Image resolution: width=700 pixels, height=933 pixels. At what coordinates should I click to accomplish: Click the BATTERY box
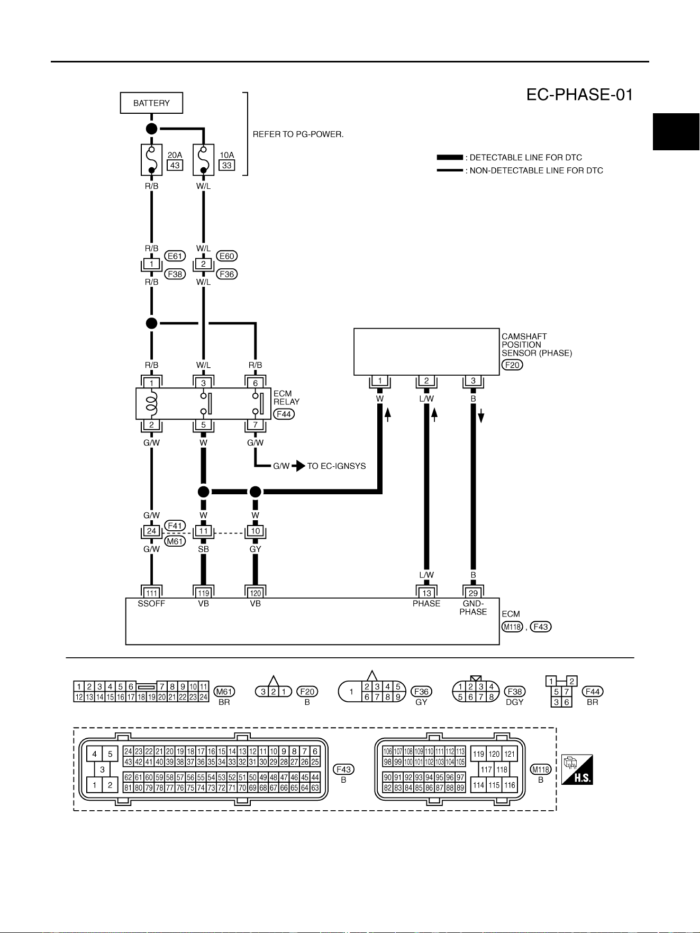pyautogui.click(x=151, y=103)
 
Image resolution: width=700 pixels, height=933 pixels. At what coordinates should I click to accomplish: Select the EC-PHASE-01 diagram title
pyautogui.click(x=579, y=95)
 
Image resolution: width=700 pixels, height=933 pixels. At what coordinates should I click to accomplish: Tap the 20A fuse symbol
pyautogui.click(x=151, y=159)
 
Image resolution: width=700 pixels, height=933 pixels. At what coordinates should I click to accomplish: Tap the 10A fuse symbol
pyautogui.click(x=203, y=159)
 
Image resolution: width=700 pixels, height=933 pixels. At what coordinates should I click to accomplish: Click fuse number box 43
pyautogui.click(x=175, y=165)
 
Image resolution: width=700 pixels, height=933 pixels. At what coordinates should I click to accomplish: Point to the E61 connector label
pyautogui.click(x=175, y=256)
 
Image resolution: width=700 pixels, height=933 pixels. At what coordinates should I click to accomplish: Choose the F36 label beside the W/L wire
pyautogui.click(x=227, y=274)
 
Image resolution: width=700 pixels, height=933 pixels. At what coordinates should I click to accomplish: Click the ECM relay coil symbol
pyautogui.click(x=151, y=404)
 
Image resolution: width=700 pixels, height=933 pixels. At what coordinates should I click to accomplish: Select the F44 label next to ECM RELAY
pyautogui.click(x=284, y=414)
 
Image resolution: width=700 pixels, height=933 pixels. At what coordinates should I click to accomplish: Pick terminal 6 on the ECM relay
pyautogui.click(x=255, y=383)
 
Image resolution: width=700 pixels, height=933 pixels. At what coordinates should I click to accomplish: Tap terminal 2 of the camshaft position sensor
pyautogui.click(x=426, y=381)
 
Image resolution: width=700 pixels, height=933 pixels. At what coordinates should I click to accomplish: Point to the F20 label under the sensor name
pyautogui.click(x=512, y=365)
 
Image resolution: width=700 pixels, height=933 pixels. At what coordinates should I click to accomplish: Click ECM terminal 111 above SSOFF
pyautogui.click(x=151, y=593)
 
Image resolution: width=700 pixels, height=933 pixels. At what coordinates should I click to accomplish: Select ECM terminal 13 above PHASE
pyautogui.click(x=426, y=593)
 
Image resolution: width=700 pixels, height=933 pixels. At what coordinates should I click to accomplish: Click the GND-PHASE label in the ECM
pyautogui.click(x=473, y=608)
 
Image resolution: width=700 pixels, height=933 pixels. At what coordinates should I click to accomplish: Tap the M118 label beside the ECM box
pyautogui.click(x=512, y=627)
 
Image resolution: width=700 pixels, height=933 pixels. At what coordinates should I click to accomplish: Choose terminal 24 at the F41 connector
pyautogui.click(x=151, y=531)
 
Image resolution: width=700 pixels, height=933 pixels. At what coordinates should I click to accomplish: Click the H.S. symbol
pyautogui.click(x=577, y=769)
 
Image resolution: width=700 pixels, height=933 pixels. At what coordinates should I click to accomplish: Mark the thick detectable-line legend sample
pyautogui.click(x=450, y=158)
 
